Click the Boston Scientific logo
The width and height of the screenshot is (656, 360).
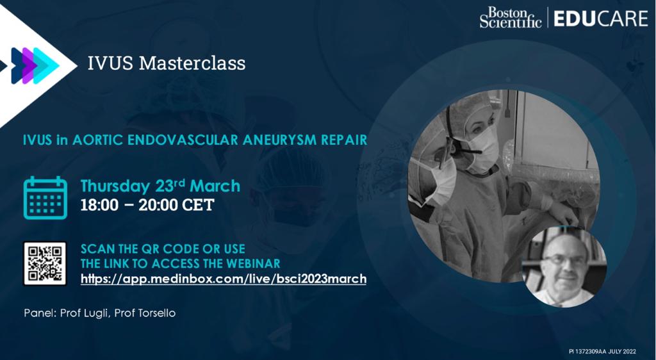pos(511,17)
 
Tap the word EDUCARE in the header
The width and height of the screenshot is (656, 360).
pos(600,19)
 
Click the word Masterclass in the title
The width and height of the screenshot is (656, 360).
pos(192,63)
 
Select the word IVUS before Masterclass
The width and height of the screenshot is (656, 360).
pos(110,63)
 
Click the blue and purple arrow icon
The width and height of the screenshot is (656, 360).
pos(33,65)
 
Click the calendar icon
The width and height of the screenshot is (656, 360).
pos(45,198)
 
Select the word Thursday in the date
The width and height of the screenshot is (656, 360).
pos(116,186)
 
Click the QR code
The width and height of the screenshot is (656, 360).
pos(45,263)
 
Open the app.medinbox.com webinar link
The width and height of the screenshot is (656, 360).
pos(224,279)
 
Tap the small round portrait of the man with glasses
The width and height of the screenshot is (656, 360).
pos(564,266)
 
